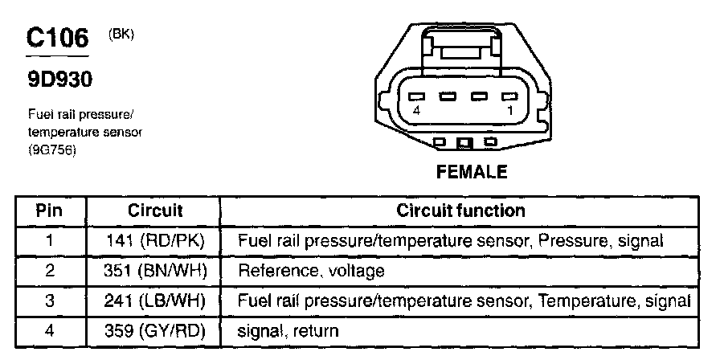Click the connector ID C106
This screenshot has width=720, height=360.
coord(57,39)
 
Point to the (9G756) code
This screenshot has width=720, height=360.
coord(52,147)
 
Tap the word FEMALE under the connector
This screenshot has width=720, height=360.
coord(472,171)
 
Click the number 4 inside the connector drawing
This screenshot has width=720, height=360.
coord(415,110)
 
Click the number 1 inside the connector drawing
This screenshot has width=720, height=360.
coord(508,110)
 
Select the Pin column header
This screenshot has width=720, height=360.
coord(49,211)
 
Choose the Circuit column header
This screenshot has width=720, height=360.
coord(155,211)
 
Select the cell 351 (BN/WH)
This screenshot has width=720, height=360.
coord(156,271)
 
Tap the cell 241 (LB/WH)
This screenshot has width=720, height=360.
coord(156,301)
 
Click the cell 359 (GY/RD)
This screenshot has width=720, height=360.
coord(156,330)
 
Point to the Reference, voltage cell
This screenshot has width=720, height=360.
coord(311,271)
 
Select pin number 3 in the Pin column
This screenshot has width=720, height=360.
coord(49,301)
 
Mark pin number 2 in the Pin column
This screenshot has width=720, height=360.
coord(49,271)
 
